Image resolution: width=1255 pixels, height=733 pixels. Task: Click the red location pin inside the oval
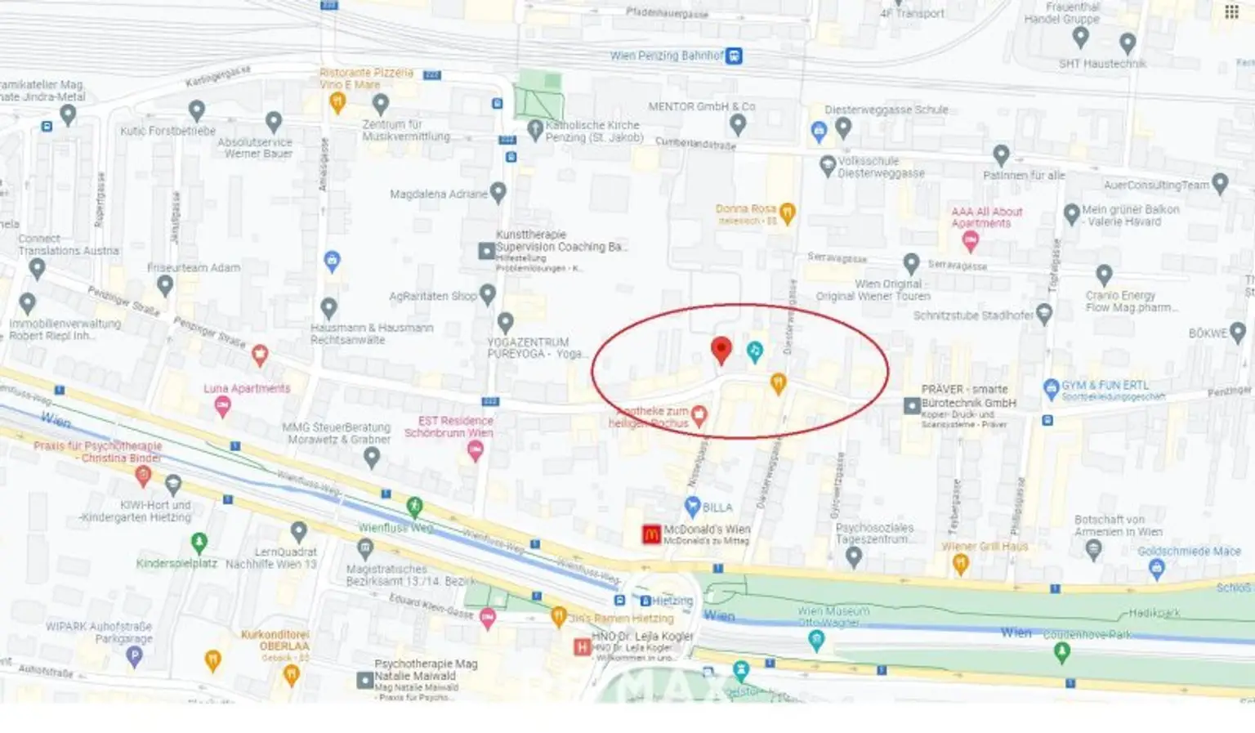click(721, 349)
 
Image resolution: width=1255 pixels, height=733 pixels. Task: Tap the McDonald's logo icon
click(650, 534)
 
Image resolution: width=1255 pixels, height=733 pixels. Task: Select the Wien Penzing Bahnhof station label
click(667, 56)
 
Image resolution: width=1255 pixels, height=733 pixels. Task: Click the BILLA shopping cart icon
click(692, 506)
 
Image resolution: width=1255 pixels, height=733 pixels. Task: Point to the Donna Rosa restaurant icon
click(787, 212)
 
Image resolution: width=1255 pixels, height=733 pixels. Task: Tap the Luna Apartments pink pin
click(221, 407)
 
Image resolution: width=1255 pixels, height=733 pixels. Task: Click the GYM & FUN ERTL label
click(1105, 385)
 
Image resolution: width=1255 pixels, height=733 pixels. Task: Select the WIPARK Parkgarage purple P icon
click(134, 657)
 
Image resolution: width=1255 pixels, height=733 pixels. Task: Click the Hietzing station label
click(672, 601)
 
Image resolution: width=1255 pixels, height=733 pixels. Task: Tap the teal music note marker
click(755, 351)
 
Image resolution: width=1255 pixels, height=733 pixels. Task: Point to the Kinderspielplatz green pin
click(199, 542)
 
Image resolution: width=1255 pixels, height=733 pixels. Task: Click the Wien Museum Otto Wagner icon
click(815, 641)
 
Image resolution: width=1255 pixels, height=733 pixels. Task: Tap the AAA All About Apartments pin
click(970, 240)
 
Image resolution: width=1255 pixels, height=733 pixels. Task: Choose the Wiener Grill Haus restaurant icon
click(961, 562)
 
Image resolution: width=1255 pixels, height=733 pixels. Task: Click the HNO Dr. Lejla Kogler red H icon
click(582, 647)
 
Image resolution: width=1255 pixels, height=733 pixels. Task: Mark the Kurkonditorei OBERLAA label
click(275, 640)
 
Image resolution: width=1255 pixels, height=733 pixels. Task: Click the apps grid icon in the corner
click(1231, 11)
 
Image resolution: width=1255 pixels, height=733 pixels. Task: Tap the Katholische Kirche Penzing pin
click(535, 128)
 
